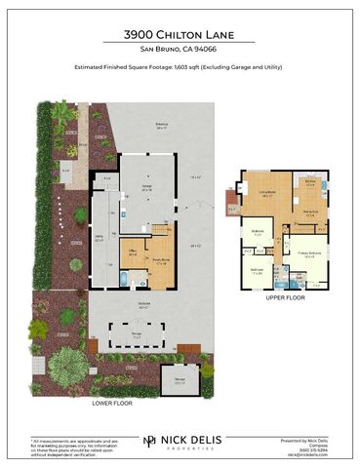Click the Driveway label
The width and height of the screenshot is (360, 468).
click(x=161, y=126)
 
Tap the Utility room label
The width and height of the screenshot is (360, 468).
click(x=100, y=240)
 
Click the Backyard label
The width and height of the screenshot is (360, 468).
click(x=143, y=306)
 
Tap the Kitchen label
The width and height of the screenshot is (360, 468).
click(x=309, y=181)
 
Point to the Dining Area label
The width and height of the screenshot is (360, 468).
click(x=310, y=212)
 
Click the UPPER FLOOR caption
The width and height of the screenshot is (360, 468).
click(x=285, y=297)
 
